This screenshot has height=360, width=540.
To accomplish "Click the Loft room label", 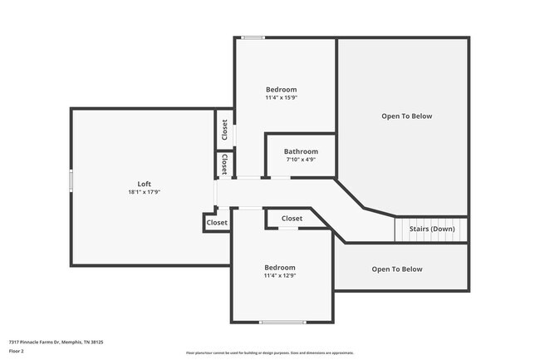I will (x=145, y=184).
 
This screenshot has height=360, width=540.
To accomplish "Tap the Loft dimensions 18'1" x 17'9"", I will (x=145, y=192).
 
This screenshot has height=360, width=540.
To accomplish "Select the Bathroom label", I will (x=301, y=151).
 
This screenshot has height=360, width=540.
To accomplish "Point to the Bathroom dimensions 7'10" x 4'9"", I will (x=301, y=160).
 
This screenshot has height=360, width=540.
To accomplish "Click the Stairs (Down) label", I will (x=431, y=229).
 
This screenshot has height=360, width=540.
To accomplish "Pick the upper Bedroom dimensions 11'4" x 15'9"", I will (x=281, y=97).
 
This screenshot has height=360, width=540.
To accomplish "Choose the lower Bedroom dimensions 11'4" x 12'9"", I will (x=280, y=275).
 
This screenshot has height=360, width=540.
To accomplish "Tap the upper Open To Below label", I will (x=407, y=116).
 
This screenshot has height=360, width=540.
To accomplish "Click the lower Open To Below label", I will (x=397, y=269).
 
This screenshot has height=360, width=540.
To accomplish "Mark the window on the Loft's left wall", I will (x=71, y=180).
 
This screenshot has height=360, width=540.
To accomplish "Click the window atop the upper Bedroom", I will (x=253, y=37).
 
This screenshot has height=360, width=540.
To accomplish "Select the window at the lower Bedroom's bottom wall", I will (x=282, y=323).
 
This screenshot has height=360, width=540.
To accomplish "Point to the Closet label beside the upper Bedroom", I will (x=224, y=130).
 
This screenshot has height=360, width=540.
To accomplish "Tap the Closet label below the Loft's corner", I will (x=217, y=223).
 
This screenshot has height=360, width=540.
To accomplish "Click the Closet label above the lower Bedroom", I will (x=292, y=219).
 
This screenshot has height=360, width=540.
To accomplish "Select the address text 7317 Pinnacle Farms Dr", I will (x=56, y=342).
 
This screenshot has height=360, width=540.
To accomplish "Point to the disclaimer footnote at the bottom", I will (x=269, y=353).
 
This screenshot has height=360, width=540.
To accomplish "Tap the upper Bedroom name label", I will (x=281, y=89).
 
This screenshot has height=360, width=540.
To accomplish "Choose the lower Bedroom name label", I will (x=280, y=267).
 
